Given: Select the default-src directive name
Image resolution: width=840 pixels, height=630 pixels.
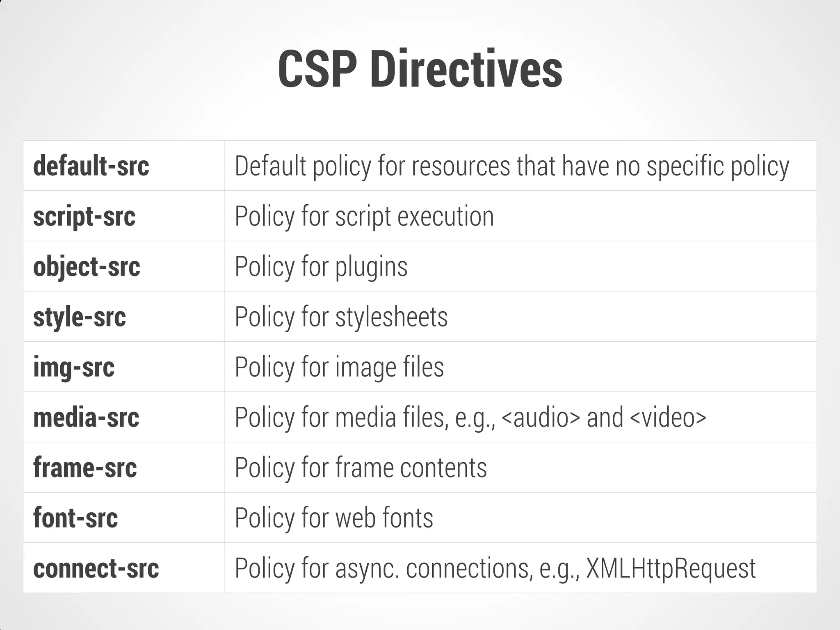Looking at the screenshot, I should coord(91,166).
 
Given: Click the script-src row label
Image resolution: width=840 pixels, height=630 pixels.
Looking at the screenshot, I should coord(84,217).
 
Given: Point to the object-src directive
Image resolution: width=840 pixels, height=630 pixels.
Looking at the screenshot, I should coord(87,267).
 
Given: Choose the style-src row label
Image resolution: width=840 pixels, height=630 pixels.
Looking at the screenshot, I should coord(80,317).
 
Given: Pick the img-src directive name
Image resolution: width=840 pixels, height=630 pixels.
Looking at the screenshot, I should coord(74,367).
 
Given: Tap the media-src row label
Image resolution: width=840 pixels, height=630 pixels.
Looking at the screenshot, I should coord(86,417).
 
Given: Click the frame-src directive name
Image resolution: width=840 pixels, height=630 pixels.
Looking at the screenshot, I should coord(85,468).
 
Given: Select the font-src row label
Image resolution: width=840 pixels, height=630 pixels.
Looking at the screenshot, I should coord(75,518).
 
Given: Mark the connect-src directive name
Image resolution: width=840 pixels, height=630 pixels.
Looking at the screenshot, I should coord(96,568).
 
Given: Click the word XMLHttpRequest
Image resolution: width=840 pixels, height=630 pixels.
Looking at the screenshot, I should coord(671,568).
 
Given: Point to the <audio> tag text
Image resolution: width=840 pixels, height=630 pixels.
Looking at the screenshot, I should coord(541,417).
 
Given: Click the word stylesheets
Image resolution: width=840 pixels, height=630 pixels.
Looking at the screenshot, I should coord(391,317).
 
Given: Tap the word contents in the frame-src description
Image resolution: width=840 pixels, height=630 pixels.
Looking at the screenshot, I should coord(443,468).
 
